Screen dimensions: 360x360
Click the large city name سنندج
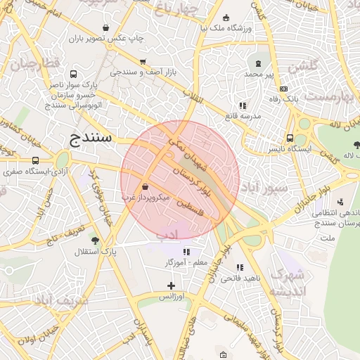tap(91, 137)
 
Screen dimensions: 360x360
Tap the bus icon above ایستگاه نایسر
tap(290, 139)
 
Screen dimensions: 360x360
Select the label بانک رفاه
tap(286, 99)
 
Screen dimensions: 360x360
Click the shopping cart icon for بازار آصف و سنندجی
tap(143, 62)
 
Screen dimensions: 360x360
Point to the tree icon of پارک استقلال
tap(95, 240)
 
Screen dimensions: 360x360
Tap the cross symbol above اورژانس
tap(171, 285)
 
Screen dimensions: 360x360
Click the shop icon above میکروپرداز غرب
tap(145, 188)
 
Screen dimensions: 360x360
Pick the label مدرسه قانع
tap(243, 115)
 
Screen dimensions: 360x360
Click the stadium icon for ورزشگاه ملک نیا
tap(226, 18)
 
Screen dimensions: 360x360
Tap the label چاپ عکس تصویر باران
tap(105, 38)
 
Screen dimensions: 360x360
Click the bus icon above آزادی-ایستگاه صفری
tap(36, 160)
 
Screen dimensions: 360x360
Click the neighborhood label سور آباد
tap(266, 188)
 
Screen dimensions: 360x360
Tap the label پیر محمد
tap(252, 74)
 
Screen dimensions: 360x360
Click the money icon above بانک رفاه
tap(283, 89)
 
